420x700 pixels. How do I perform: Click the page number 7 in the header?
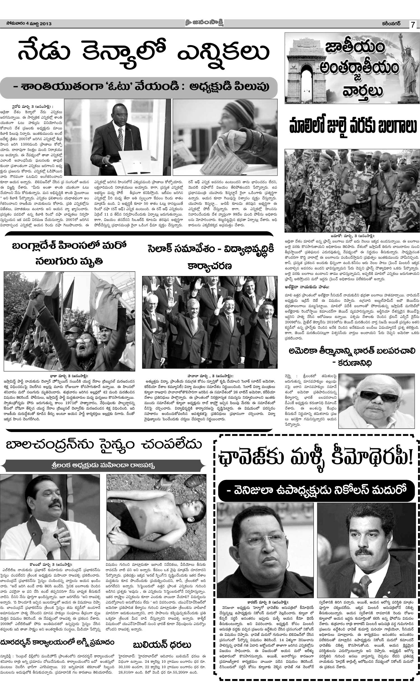pos(413,25)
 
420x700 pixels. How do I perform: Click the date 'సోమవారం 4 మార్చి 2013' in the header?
pos(29,24)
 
